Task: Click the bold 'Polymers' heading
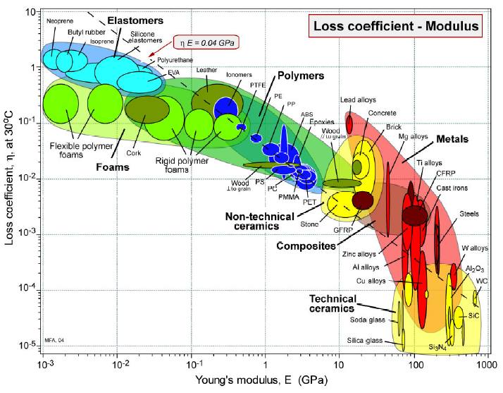click(x=299, y=75)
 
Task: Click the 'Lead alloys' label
click(x=357, y=100)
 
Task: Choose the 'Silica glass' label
click(x=366, y=340)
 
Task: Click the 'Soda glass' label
click(x=366, y=321)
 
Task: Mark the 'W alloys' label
click(x=474, y=248)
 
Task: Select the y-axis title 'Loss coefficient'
click(x=10, y=183)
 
